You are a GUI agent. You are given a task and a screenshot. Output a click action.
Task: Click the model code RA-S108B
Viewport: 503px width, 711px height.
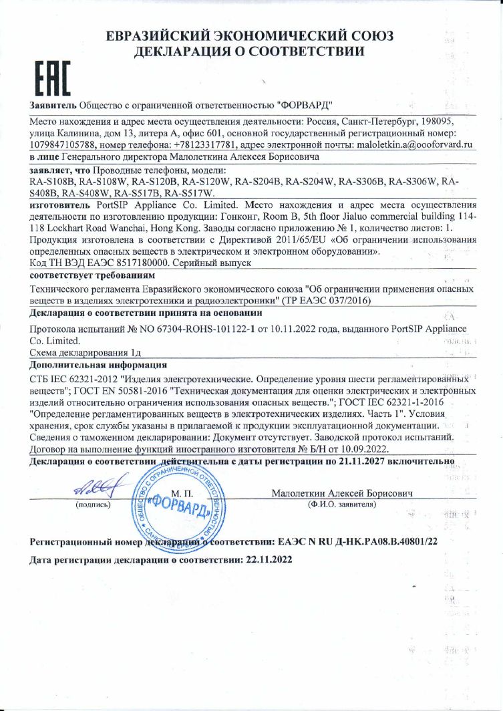coord(53,180)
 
